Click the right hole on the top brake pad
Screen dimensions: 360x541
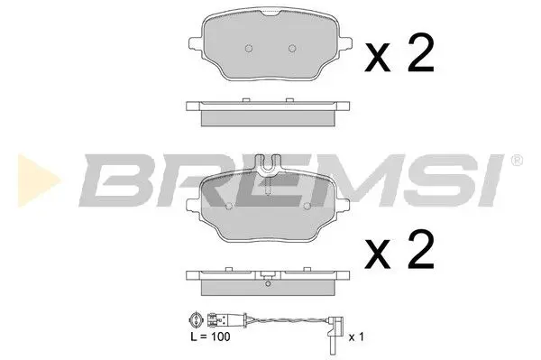(x=290, y=48)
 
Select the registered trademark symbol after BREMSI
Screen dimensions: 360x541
(x=517, y=162)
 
